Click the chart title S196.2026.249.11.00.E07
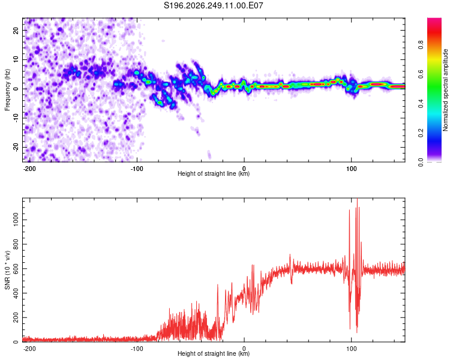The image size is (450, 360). pos(213,5)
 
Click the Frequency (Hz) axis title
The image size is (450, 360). pos(7,90)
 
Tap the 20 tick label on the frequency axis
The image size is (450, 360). pos(16,30)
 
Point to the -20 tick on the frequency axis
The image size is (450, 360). pos(16,148)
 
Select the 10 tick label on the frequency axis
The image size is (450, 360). pos(16,59)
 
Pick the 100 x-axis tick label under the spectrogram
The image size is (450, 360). pos(351,169)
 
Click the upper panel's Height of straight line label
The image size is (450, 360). pos(214,173)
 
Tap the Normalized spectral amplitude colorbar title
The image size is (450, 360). pos(445,90)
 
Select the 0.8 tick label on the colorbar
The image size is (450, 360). pos(421,44)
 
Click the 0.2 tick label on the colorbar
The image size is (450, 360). pos(421,133)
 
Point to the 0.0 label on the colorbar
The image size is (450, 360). pos(421,162)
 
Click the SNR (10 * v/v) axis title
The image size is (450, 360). pos(7,270)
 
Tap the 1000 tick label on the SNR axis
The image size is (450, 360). pos(16,220)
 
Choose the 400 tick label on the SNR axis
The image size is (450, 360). pos(16,293)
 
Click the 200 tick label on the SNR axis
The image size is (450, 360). pos(16,317)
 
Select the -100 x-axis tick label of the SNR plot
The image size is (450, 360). pos(137,349)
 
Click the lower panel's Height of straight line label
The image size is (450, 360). pos(214,353)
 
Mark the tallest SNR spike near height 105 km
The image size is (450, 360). pos(358,199)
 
